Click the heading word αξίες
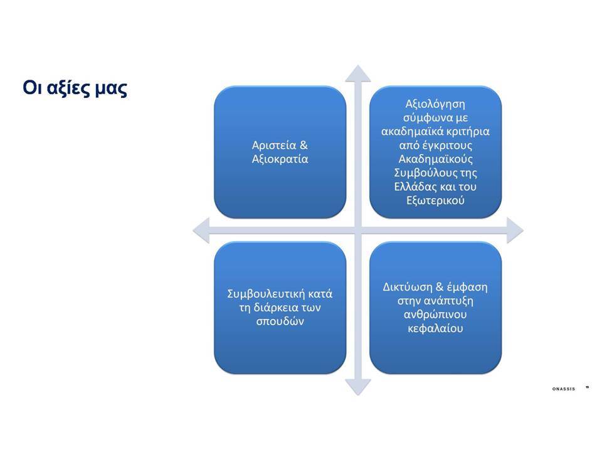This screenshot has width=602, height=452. tap(68, 89)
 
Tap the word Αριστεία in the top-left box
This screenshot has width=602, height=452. tap(274, 145)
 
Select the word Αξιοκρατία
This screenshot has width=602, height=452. tap(280, 159)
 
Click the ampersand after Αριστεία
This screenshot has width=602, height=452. tap(304, 145)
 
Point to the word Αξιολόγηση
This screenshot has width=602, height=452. tap(435, 105)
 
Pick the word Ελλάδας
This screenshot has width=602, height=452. tap(413, 187)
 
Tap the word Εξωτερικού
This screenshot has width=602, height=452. tap(435, 201)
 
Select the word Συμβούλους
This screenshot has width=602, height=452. tap(425, 173)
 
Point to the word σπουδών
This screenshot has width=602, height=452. tap(280, 321)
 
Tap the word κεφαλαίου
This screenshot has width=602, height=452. tap(435, 328)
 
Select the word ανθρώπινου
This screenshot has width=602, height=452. tap(435, 315)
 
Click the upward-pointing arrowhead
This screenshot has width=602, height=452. tap(358, 74)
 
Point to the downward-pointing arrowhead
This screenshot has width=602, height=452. tap(358, 387)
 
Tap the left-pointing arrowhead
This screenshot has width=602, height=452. tap(201, 230)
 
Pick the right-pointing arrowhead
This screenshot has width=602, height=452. tap(515, 230)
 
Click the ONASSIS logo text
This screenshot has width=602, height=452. tap(564, 389)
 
